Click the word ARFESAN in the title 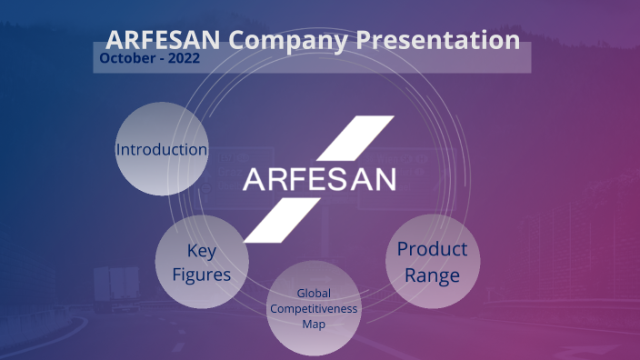coord(164,40)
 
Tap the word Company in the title coord(288,40)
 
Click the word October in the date coord(128,58)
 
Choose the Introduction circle coord(162,149)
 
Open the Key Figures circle coord(203,262)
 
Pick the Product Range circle coord(433,262)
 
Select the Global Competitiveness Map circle coord(314,307)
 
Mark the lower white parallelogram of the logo coord(282,217)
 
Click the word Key coord(203,250)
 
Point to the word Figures coord(203,274)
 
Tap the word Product coord(433,249)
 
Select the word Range coord(433,275)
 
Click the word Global coord(314,294)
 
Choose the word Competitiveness coord(314,308)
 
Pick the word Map coord(314,323)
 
